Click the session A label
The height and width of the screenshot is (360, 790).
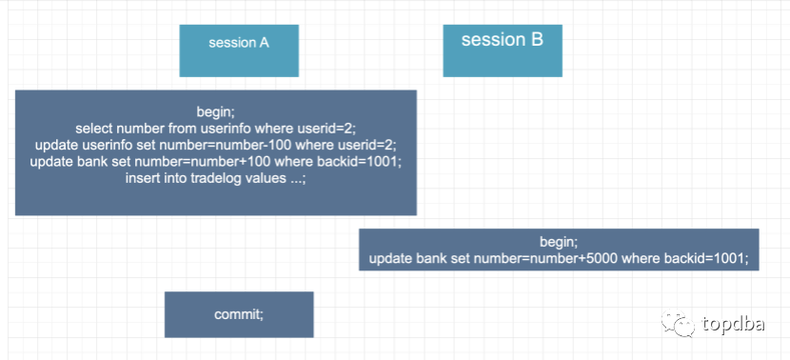tap(239, 43)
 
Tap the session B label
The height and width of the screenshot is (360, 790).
tap(503, 39)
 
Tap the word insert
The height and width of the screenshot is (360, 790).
tap(139, 179)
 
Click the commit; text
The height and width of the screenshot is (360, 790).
tap(239, 314)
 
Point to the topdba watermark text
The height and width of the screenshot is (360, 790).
tap(733, 324)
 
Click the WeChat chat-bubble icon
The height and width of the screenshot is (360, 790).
tap(678, 323)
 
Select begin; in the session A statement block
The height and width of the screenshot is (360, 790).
tap(216, 110)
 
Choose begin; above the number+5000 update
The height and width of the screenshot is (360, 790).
tap(559, 242)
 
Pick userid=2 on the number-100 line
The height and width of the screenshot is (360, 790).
tap(364, 145)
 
